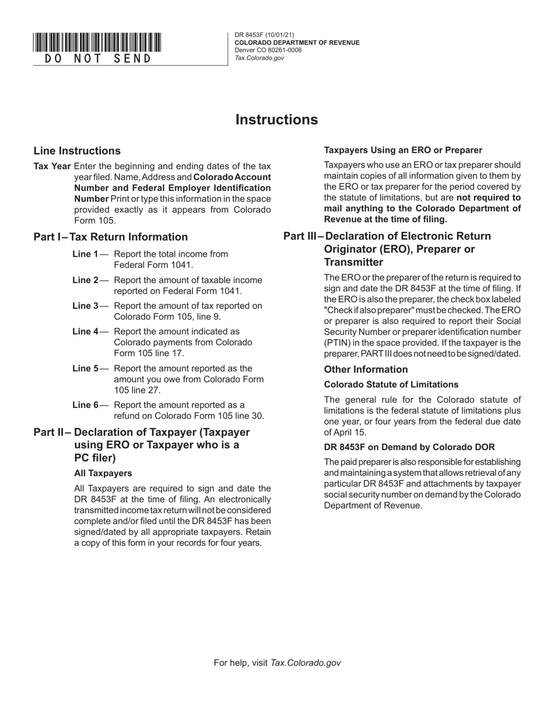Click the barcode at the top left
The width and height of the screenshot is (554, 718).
pyautogui.click(x=97, y=43)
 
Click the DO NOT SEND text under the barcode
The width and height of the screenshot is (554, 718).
pyautogui.click(x=97, y=59)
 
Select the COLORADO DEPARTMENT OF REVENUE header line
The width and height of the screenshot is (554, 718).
pyautogui.click(x=297, y=43)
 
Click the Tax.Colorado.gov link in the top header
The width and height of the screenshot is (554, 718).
pyautogui.click(x=259, y=58)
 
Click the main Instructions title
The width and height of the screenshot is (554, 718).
pyautogui.click(x=276, y=120)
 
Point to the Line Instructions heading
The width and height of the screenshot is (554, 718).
pyautogui.click(x=77, y=151)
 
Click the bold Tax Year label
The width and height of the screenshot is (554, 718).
pyautogui.click(x=52, y=166)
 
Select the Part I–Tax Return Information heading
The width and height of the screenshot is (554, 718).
pyautogui.click(x=111, y=237)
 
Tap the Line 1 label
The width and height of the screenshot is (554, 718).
pyautogui.click(x=85, y=254)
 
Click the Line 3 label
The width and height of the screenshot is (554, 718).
pyautogui.click(x=85, y=306)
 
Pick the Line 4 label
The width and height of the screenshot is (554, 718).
pyautogui.click(x=85, y=332)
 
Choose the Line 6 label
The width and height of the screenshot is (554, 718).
pyautogui.click(x=85, y=405)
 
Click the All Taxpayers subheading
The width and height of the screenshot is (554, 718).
pyautogui.click(x=103, y=473)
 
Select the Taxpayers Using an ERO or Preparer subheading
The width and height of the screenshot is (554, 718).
pyautogui.click(x=403, y=150)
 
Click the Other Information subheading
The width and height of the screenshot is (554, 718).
pyautogui.click(x=366, y=370)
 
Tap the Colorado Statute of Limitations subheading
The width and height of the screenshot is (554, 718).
pyautogui.click(x=391, y=385)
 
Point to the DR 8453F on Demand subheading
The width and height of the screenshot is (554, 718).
pyautogui.click(x=409, y=447)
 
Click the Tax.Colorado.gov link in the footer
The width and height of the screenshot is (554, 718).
pyautogui.click(x=306, y=663)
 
